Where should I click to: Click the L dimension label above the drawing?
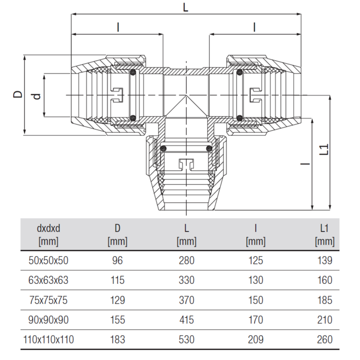coord(186,8)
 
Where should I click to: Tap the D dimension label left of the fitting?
coord(17,94)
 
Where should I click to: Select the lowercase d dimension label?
coord(37,97)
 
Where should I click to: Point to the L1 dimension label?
coord(324,149)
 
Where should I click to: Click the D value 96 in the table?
coord(118,260)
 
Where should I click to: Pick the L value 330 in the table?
coord(187,280)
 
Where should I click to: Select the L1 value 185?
coord(325,300)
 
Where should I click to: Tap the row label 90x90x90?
coord(48,320)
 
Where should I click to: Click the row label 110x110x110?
coord(48,339)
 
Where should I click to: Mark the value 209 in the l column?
coord(256,339)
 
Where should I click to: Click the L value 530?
coord(187,339)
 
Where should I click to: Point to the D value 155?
coord(118,320)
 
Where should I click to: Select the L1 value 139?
coord(325,260)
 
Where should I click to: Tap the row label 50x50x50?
coord(48,260)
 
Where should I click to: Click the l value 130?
coord(256,280)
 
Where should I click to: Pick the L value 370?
coord(187,300)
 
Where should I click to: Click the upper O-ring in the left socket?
coord(133,73)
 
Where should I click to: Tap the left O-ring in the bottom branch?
coord(163,149)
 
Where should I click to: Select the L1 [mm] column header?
coord(325,235)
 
